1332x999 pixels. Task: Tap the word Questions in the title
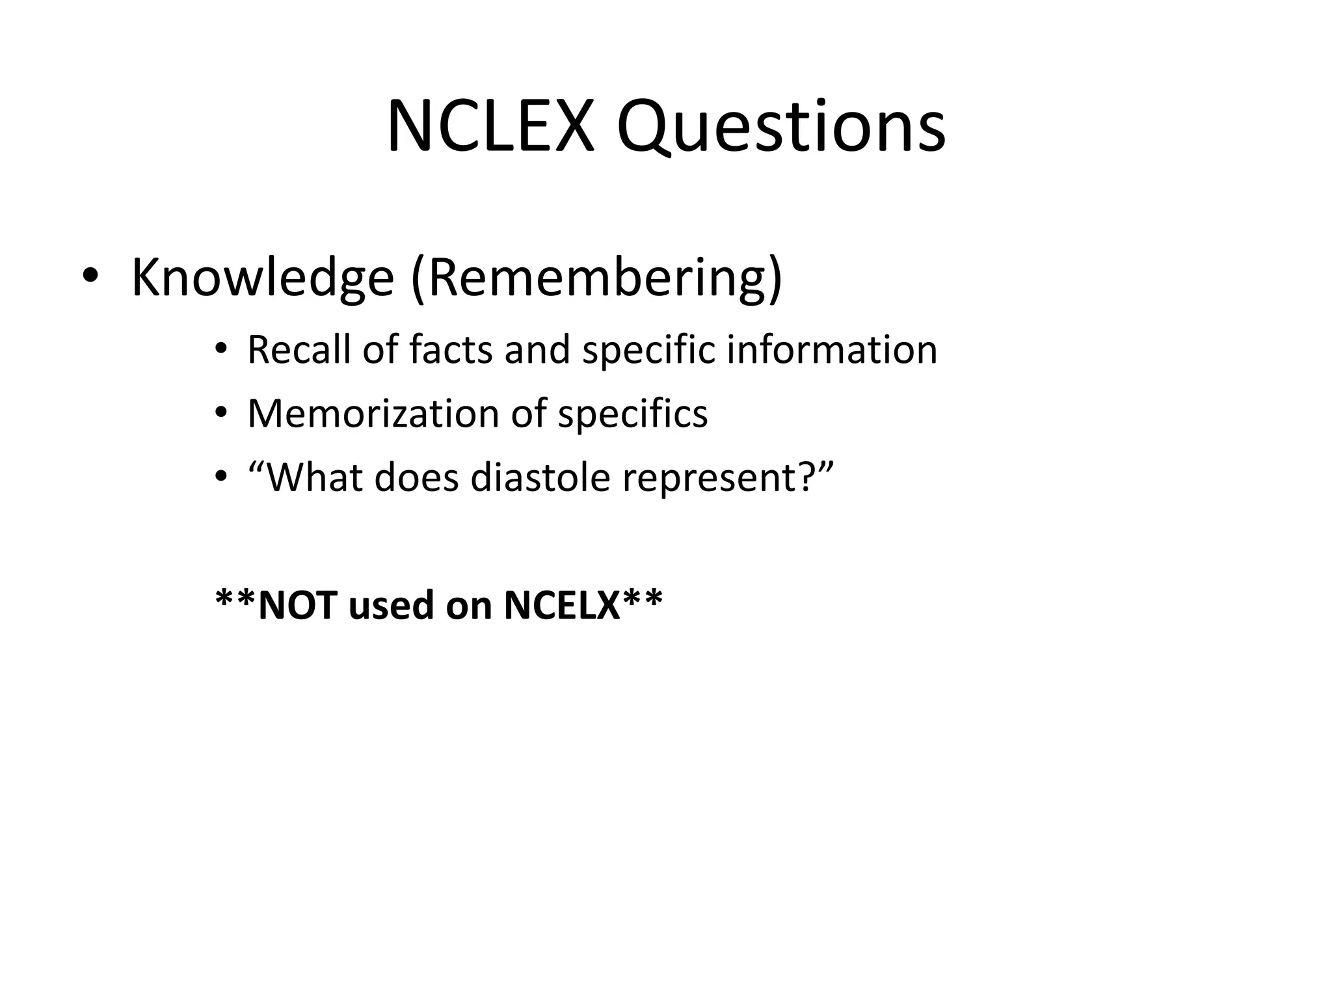(780, 127)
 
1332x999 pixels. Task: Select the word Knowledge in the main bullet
(263, 278)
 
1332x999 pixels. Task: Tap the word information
(832, 349)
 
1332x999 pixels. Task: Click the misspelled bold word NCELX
(563, 605)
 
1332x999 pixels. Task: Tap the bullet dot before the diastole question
(221, 477)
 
